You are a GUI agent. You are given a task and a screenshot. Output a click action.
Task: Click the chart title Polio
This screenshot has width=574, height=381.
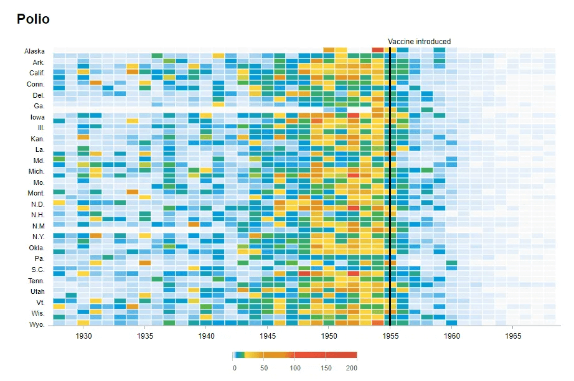(x=33, y=19)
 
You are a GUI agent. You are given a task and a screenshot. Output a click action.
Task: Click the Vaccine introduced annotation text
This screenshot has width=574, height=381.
(x=419, y=41)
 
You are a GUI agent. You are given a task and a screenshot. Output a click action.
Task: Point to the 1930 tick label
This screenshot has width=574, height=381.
(x=83, y=336)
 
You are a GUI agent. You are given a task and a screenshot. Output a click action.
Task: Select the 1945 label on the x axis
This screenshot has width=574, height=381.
(x=268, y=336)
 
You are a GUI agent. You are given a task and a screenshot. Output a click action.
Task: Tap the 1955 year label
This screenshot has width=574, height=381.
(x=390, y=336)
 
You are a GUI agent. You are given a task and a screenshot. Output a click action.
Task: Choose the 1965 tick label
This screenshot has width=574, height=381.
(x=513, y=336)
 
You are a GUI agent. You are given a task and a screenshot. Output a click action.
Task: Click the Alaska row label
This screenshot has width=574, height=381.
(x=34, y=51)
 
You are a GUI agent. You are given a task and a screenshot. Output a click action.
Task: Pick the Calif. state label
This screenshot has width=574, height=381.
(x=37, y=73)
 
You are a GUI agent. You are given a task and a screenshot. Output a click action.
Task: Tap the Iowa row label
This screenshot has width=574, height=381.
(x=37, y=117)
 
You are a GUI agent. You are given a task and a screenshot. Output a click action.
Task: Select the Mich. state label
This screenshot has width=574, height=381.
(x=37, y=171)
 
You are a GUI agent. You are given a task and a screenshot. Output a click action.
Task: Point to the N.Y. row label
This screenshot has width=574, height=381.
(x=38, y=237)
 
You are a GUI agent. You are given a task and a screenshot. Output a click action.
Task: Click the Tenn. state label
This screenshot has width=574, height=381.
(x=36, y=281)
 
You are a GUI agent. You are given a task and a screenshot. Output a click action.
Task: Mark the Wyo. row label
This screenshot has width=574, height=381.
(x=37, y=324)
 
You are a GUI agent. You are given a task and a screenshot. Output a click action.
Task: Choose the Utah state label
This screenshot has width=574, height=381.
(x=37, y=291)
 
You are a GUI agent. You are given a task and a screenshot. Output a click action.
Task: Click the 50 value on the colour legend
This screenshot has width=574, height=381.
(x=264, y=368)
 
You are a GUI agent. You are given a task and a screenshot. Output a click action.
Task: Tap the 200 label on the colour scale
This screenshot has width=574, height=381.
(x=351, y=368)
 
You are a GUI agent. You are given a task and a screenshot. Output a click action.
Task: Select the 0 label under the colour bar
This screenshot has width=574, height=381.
(x=235, y=368)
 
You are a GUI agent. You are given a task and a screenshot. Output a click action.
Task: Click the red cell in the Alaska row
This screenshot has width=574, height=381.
(x=377, y=50)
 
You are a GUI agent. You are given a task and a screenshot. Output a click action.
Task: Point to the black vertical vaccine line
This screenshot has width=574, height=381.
(x=390, y=186)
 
